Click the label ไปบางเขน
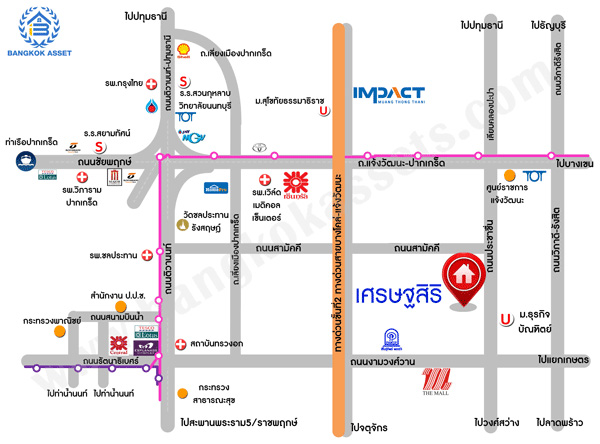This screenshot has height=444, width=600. pos(576,163)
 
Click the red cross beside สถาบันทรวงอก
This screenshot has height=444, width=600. pos(180,344)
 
